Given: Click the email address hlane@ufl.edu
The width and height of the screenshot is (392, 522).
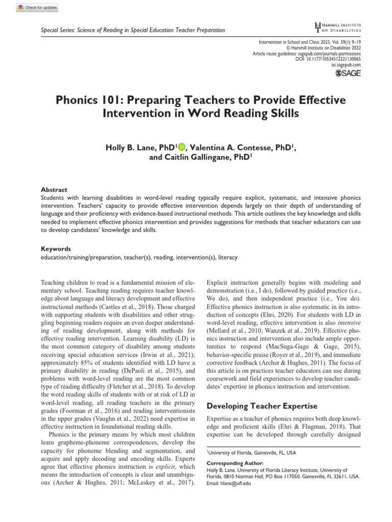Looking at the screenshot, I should click(235, 483).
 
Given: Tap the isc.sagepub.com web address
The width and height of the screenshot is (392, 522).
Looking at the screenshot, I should click(346, 65).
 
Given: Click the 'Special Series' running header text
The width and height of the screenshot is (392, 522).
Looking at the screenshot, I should click(133, 30).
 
